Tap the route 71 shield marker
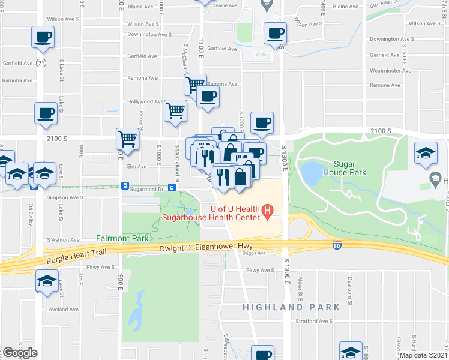(x=41, y=63)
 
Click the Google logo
(x=20, y=353)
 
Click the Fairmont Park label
(x=122, y=238)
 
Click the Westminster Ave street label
(x=390, y=70)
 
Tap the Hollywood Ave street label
(x=145, y=102)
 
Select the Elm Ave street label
(x=136, y=166)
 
